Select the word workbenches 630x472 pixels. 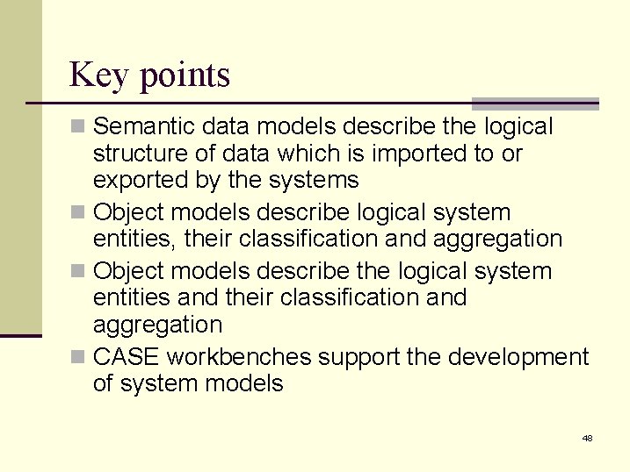point(239,357)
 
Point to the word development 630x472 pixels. point(518,357)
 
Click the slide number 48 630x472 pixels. point(587,437)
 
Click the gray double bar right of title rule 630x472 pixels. point(535,104)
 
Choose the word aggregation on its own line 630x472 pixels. point(157,325)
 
